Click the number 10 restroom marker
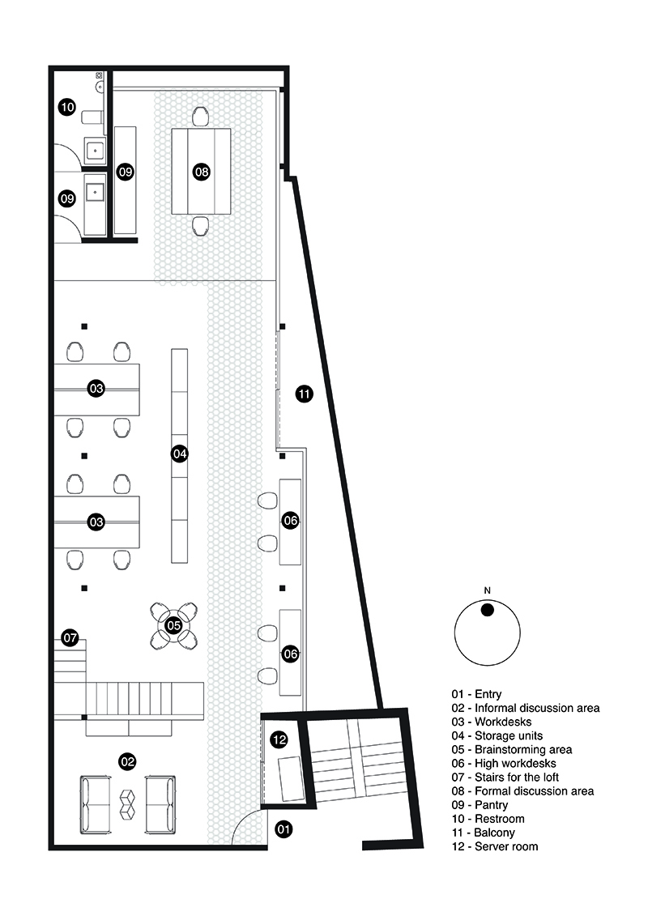[67, 107]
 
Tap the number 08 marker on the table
[202, 172]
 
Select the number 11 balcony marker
[304, 394]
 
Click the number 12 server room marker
[279, 740]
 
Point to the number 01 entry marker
[283, 829]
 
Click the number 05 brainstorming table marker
[174, 626]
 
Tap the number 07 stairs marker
[70, 637]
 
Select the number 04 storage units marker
[179, 454]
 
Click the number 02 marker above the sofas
[127, 761]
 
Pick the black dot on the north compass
[488, 610]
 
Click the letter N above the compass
[488, 590]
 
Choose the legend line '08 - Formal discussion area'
[522, 791]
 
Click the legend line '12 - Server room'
[494, 846]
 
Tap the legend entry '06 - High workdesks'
[504, 764]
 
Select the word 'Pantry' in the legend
[491, 805]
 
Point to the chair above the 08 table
[200, 117]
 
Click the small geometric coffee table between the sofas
[127, 804]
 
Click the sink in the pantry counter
[95, 192]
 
